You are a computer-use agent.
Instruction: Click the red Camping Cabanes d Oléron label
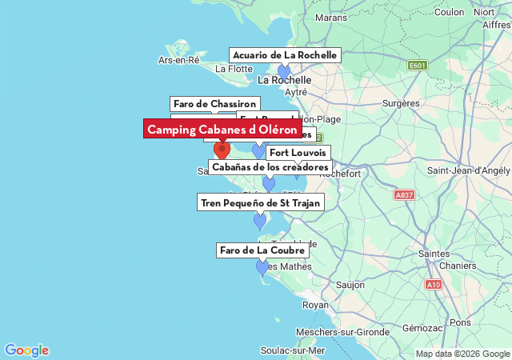[222, 129]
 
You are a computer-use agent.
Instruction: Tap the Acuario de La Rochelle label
[286, 55]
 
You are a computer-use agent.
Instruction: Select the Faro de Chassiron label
[215, 104]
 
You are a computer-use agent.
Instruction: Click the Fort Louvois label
[298, 152]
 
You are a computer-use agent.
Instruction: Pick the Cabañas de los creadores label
[270, 166]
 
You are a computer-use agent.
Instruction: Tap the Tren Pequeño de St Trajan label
[261, 202]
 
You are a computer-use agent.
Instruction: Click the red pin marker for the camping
[222, 149]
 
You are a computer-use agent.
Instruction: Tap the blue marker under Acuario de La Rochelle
[284, 71]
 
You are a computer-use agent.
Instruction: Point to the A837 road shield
[405, 194]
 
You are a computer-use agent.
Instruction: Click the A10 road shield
[434, 284]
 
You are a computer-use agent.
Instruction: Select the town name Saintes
[434, 254]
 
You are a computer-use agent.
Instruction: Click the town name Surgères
[401, 103]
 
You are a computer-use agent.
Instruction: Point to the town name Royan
[315, 305]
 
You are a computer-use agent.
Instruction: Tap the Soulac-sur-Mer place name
[293, 350]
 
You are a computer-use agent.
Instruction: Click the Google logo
[26, 350]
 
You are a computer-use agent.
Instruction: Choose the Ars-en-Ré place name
[178, 60]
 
